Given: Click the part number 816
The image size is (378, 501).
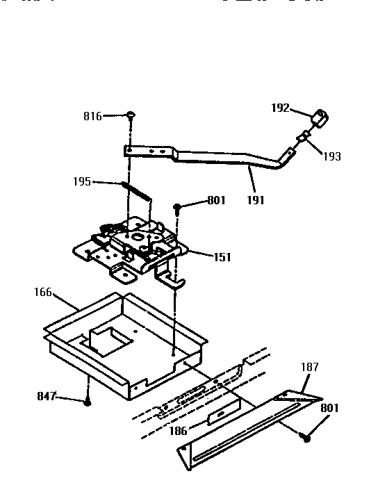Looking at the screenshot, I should (92, 117).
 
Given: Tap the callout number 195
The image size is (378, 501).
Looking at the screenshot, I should (82, 181).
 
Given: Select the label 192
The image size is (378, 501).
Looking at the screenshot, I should (279, 108).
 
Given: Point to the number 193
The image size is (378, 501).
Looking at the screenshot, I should (331, 156).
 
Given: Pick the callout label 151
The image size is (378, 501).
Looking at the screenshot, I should (222, 257).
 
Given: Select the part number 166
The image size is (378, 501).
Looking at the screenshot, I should (43, 293).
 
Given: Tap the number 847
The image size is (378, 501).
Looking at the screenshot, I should (46, 397).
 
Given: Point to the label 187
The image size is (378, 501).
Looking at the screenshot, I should (309, 366).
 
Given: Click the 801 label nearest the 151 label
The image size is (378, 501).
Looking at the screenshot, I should (217, 202).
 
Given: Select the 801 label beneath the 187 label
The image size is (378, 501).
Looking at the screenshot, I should (329, 408).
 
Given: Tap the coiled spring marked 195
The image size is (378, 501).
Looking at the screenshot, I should (135, 190).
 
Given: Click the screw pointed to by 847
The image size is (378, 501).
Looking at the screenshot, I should (88, 402).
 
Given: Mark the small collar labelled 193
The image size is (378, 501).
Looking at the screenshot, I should (302, 139).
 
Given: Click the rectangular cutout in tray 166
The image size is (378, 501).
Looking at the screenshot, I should (107, 336).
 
